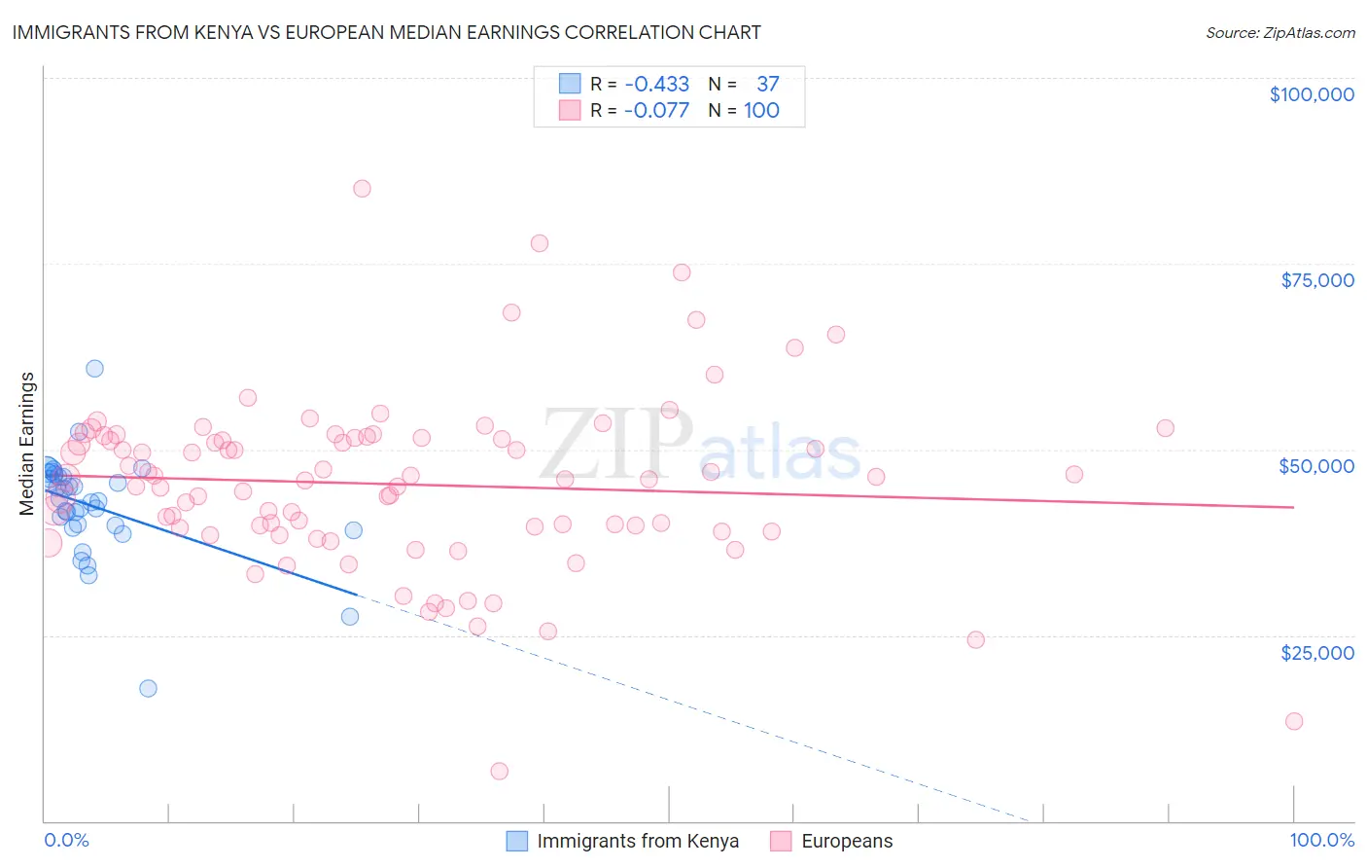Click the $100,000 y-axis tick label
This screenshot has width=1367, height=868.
pos(1311,94)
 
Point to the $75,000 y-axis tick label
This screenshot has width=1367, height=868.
pos(1316,280)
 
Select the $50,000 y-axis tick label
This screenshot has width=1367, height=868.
pos(1316,466)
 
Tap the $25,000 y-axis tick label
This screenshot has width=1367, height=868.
pos(1316,652)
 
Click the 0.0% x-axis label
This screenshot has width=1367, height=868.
pos(66,840)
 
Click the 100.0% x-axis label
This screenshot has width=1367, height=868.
pos(1321,840)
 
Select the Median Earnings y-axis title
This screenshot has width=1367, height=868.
pos(27,443)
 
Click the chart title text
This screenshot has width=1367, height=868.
pos(386,32)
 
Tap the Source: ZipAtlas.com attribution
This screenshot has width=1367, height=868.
pos(1279,33)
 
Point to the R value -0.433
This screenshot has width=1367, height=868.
pos(656,85)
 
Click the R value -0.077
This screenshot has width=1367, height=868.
pos(656,110)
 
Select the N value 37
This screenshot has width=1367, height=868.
pos(767,85)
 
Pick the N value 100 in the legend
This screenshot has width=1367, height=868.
pos(761,110)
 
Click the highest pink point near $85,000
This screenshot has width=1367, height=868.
pos(362,189)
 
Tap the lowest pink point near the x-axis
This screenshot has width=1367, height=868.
pos(499,771)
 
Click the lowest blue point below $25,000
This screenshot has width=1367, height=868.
pos(148,688)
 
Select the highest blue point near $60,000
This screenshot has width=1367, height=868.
pos(94,368)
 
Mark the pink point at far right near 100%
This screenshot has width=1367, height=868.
pos(1293,721)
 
